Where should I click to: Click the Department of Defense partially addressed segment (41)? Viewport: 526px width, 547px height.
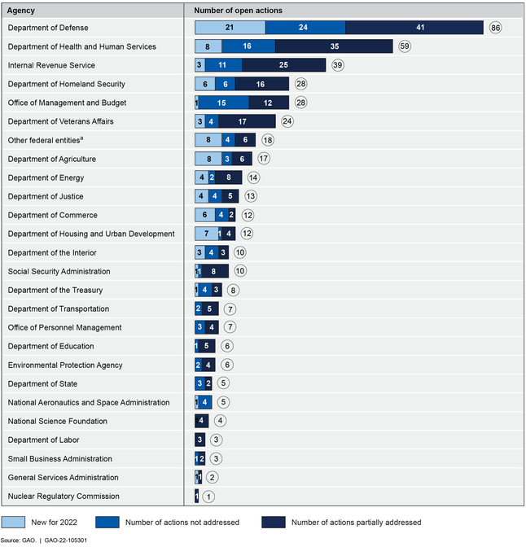(414, 28)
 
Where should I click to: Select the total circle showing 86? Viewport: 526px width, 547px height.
(495, 28)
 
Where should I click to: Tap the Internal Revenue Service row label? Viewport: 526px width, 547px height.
(51, 65)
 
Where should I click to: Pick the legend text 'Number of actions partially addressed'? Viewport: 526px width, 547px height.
(356, 522)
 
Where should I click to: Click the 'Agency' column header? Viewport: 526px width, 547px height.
(21, 11)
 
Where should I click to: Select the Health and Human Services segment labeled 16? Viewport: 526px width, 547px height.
(247, 46)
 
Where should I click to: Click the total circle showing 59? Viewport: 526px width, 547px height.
(405, 46)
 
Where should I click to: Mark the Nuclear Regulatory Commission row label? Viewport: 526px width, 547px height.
(64, 496)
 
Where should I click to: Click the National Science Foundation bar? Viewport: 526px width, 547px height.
(202, 421)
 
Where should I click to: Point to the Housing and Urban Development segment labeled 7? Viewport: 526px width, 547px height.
(207, 234)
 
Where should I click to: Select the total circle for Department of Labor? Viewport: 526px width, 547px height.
(216, 440)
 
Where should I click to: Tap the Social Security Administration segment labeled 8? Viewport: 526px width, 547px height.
(213, 271)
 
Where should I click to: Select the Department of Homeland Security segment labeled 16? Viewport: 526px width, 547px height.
(261, 84)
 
